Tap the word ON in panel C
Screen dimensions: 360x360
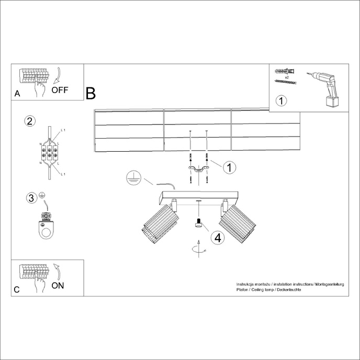pos(58,285)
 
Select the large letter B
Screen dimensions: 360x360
pos(91,94)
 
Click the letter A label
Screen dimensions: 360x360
pos(17,94)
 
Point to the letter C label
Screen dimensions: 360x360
pos(17,289)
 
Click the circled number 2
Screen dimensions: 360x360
pos(30,121)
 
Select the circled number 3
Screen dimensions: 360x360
pos(31,198)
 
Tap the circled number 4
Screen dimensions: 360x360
pos(217,237)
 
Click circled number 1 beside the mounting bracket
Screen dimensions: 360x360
pos(229,167)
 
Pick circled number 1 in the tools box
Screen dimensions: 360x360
pos(281,100)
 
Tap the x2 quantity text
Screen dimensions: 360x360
pos(287,76)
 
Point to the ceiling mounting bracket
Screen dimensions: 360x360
pos(198,168)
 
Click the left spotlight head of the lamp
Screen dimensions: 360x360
pos(159,223)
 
